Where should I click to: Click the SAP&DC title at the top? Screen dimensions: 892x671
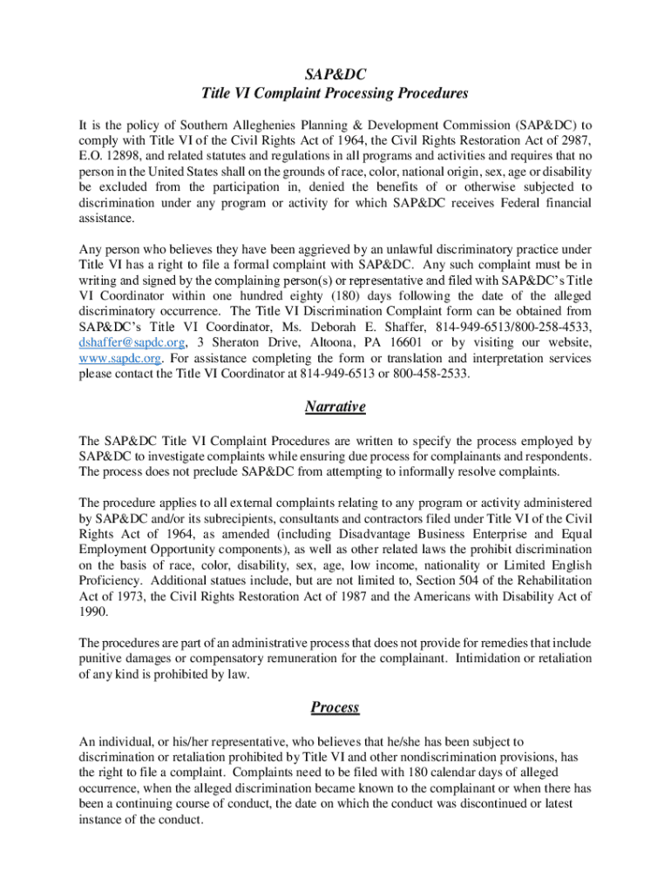pos(335,76)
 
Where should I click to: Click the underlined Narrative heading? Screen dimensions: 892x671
pos(335,407)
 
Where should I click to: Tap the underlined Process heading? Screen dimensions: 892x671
pos(335,706)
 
